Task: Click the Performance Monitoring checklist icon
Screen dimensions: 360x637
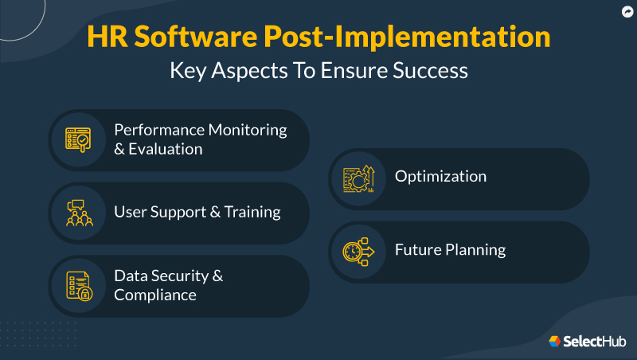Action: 80,139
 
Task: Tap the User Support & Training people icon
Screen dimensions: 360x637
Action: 80,213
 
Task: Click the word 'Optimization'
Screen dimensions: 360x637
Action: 440,176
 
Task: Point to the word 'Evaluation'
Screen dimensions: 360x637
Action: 166,149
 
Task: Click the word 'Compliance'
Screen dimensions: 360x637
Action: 155,295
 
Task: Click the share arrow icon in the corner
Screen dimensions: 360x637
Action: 626,11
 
